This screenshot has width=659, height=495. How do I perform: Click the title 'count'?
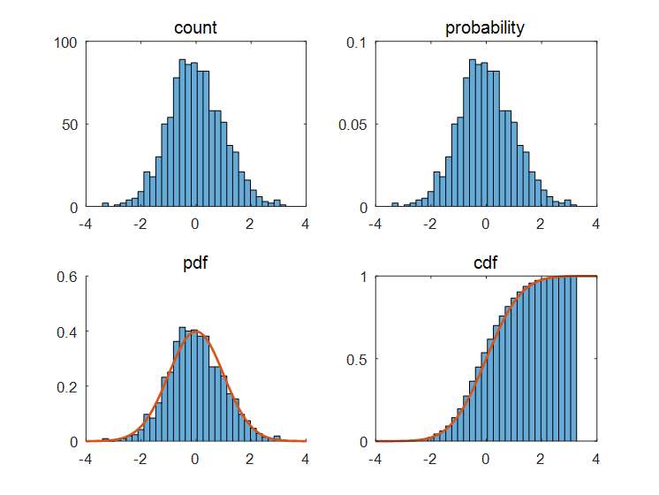coord(195,27)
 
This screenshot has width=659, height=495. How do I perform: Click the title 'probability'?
coord(485,27)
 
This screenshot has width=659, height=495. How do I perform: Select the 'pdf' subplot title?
coord(195,263)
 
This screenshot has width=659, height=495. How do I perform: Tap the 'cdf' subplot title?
coord(485,263)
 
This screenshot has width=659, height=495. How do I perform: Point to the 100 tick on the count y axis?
coord(66,42)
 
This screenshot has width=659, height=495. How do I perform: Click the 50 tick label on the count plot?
coord(70,125)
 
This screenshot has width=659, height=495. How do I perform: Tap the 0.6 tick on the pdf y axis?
coord(67,277)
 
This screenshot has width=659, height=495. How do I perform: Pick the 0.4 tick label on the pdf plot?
coord(67,331)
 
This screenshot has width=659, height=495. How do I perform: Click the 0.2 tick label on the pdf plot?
coord(67,386)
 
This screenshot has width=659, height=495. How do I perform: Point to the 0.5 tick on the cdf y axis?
coord(356,359)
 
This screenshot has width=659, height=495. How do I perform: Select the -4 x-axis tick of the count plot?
coord(85,224)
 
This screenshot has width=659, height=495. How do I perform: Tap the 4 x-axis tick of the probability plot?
coord(595,224)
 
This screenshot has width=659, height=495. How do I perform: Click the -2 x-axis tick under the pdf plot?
coord(140,459)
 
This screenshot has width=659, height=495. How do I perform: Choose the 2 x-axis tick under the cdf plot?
coord(541,459)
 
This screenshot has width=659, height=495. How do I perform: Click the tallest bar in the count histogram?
coord(183,133)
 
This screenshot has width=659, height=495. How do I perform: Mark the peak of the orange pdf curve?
coord(195,331)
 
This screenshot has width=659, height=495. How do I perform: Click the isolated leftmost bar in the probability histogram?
coord(395,205)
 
